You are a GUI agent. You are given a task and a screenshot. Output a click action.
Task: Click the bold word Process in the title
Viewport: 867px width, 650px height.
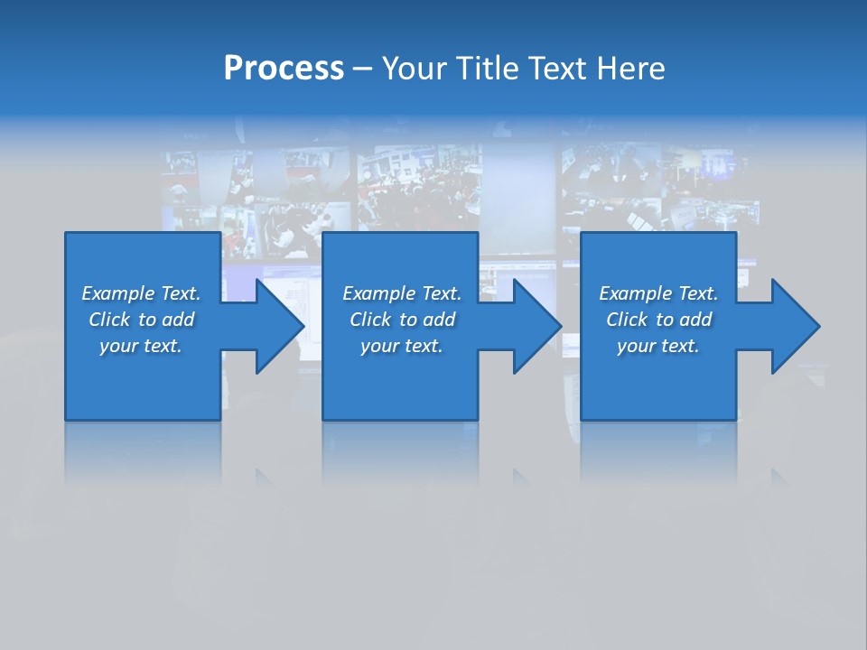[284, 69]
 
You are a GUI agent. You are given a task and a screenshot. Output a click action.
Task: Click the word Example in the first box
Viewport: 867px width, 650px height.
[118, 293]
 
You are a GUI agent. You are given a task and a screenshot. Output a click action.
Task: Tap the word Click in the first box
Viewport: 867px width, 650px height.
[109, 320]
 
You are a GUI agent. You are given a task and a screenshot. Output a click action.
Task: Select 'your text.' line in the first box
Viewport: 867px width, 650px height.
[141, 346]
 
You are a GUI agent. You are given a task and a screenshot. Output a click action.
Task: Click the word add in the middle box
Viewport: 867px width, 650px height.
[439, 320]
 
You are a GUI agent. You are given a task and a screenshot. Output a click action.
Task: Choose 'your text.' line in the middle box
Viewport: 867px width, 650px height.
[401, 346]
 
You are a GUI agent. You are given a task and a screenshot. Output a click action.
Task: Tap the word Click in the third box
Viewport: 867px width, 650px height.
[627, 320]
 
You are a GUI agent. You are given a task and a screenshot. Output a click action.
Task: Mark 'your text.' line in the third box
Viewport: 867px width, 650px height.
[657, 346]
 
